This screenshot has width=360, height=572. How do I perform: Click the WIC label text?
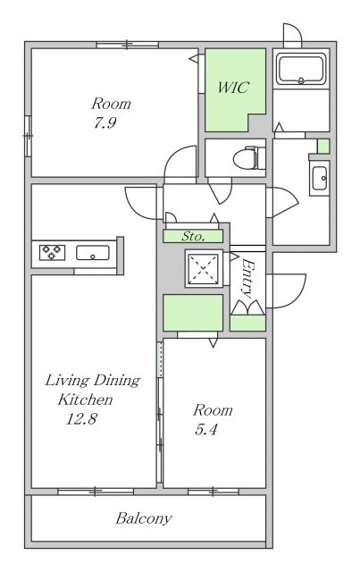(233, 88)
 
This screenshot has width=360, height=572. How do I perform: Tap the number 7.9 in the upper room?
(105, 122)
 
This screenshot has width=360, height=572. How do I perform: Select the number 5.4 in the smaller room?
(206, 429)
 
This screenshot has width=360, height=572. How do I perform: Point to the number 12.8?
(81, 419)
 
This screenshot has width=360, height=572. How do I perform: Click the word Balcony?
(144, 518)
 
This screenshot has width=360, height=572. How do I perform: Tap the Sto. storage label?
(193, 236)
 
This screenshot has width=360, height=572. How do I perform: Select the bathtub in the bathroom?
(300, 69)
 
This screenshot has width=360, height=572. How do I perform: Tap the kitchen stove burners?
(52, 252)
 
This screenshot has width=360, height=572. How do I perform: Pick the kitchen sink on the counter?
(93, 253)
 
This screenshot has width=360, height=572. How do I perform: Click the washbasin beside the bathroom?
(320, 178)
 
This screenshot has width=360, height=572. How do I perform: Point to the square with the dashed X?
(204, 268)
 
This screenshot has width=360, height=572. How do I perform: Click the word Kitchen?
(86, 400)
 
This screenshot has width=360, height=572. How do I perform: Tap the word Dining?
(117, 381)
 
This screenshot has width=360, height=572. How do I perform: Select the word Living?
(67, 381)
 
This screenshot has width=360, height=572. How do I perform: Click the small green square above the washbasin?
(323, 146)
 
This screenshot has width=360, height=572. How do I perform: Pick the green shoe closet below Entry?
(247, 323)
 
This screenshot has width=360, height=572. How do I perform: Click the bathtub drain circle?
(301, 80)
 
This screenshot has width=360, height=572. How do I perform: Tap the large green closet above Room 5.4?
(193, 313)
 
